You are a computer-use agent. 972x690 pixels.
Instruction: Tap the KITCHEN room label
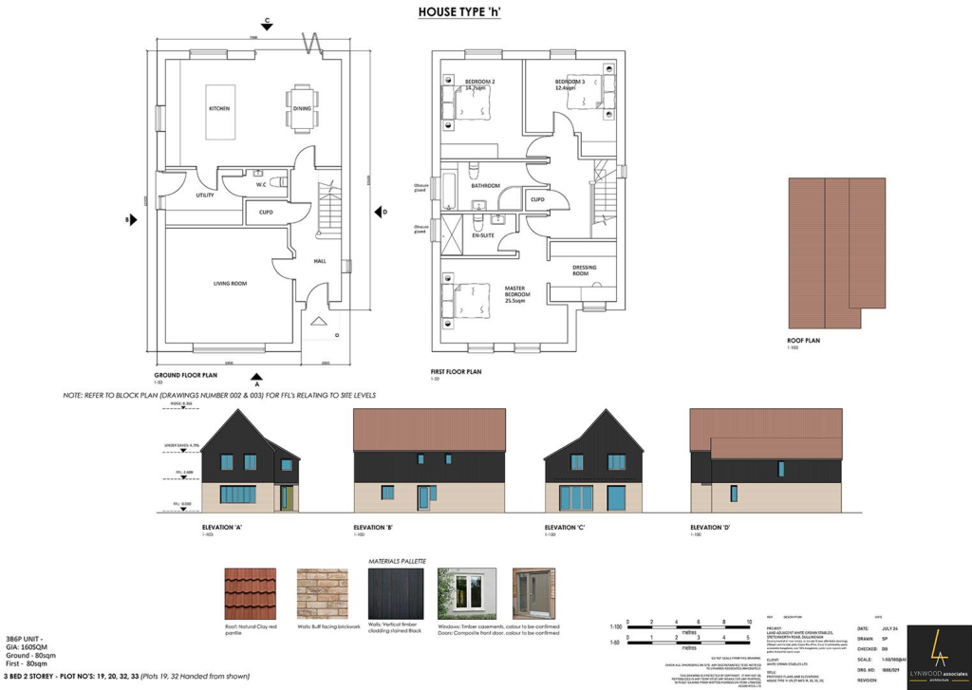(x=219, y=109)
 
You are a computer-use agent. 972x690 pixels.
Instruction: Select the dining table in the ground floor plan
(x=302, y=107)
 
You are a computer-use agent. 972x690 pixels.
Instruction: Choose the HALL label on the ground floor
(x=321, y=262)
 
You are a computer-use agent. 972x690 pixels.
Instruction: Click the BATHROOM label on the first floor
(x=486, y=186)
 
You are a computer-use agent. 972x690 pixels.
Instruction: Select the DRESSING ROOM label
(x=585, y=270)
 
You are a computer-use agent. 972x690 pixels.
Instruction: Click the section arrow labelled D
(x=376, y=212)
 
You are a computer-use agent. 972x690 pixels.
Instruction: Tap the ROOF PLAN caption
(x=803, y=340)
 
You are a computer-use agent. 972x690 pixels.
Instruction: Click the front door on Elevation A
(x=284, y=495)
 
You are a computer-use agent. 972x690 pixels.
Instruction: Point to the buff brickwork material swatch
(x=322, y=594)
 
